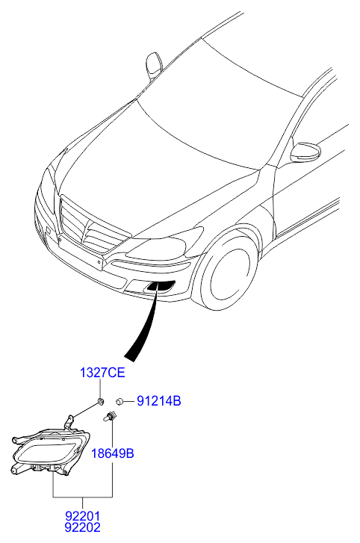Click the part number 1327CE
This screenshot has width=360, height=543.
[x=102, y=373]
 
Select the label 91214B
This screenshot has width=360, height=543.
[x=159, y=401]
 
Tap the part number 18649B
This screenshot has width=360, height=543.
[x=112, y=453]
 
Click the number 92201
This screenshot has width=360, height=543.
[x=82, y=516]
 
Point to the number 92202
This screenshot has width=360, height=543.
[x=82, y=527]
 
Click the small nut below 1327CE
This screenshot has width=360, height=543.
[x=100, y=402]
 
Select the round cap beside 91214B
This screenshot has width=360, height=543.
[x=120, y=401]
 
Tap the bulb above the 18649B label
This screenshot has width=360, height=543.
[x=110, y=416]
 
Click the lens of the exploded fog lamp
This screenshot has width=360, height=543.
[x=47, y=453]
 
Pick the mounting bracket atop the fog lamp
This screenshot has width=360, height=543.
[x=70, y=423]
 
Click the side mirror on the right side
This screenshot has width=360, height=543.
[x=305, y=152]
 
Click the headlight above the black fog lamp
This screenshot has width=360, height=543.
[x=166, y=244]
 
